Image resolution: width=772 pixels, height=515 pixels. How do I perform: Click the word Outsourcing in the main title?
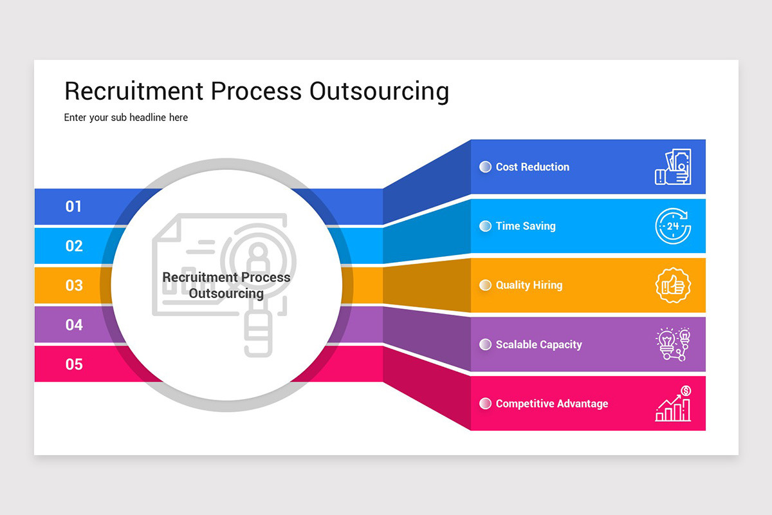(x=378, y=91)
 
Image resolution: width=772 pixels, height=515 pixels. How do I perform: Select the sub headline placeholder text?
(x=126, y=118)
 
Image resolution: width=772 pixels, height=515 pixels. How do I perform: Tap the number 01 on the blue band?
(x=74, y=207)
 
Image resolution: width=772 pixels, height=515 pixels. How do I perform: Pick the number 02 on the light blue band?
(x=74, y=246)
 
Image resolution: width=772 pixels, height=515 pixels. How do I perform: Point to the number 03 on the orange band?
(x=74, y=285)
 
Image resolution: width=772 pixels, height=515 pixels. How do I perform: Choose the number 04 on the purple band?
(x=74, y=325)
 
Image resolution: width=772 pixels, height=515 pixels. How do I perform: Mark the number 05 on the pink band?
(x=74, y=364)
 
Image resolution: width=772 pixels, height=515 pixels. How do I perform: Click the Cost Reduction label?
(x=532, y=167)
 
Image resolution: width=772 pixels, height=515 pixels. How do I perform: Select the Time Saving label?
(x=525, y=226)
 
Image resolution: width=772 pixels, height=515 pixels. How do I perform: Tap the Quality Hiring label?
(x=529, y=285)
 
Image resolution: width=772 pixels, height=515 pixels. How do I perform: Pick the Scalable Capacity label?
(x=538, y=344)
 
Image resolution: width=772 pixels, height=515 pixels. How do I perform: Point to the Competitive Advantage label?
(x=551, y=404)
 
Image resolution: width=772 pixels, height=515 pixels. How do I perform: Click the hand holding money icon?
(x=673, y=167)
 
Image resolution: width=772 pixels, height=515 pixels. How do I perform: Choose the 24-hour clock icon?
(x=673, y=226)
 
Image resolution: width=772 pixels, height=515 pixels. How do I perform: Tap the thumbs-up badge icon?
(x=673, y=285)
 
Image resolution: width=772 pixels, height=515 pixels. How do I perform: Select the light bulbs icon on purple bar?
(x=673, y=344)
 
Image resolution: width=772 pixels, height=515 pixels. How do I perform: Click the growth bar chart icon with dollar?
(x=673, y=404)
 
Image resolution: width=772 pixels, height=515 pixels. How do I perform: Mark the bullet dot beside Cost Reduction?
(x=486, y=167)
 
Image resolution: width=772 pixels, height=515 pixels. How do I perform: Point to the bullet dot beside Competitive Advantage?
(x=486, y=404)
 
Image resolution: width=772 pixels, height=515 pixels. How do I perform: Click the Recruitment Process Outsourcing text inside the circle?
(x=226, y=285)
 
